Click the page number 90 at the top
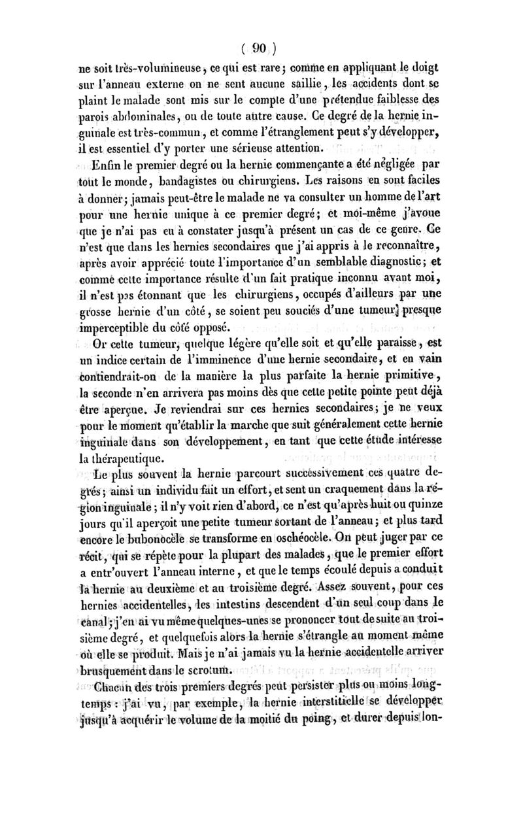tap(259, 48)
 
